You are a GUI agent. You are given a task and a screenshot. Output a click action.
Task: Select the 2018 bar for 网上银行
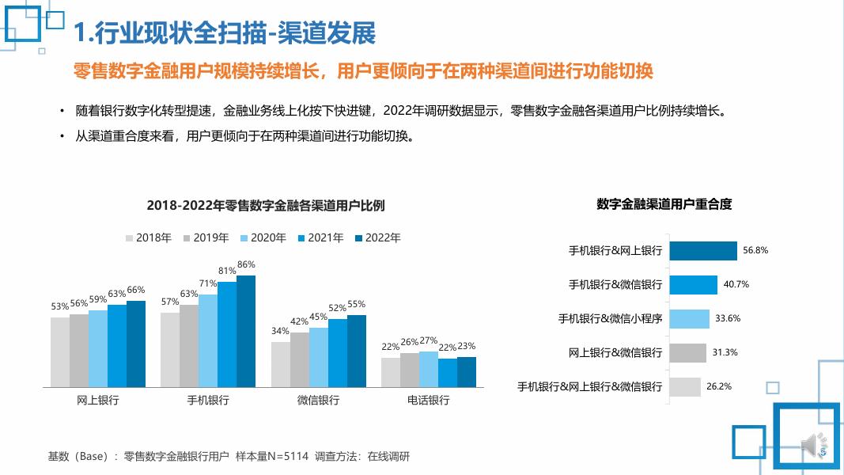pos(60,352)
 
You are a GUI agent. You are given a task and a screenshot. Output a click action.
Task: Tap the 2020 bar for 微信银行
pos(319,357)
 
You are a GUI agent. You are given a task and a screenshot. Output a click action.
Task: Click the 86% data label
pos(246,264)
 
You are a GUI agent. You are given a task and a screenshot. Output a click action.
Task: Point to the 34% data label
pos(280,331)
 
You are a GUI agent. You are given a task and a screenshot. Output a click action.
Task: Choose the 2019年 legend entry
pos(206,237)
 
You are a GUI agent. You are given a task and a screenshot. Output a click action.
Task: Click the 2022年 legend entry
pos(377,237)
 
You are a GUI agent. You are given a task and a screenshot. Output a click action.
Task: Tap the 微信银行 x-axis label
pos(318,401)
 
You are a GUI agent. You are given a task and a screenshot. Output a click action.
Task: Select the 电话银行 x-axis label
pos(428,401)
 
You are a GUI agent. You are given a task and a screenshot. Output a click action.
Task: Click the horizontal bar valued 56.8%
pos(703,250)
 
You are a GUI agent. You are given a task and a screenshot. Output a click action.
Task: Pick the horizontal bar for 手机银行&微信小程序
pos(689,318)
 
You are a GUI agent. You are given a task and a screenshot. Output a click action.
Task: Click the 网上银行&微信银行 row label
pos(615,352)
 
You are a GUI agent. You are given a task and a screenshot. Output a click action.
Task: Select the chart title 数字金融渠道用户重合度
pos(664,204)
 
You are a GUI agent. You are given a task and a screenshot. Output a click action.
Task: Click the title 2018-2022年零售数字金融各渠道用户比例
pos(266,206)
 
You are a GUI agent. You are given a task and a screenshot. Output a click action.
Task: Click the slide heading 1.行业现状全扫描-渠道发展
pos(224,32)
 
